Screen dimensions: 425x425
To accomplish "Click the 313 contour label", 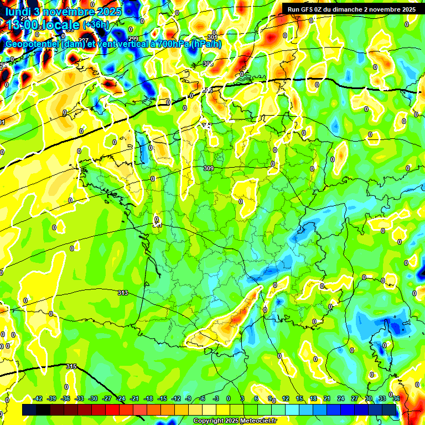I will coord(123,293).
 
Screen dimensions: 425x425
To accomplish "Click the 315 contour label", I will coord(71,366).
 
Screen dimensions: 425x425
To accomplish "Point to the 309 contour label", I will coord(209,168).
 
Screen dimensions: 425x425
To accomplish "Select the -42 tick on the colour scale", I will coord(38,398).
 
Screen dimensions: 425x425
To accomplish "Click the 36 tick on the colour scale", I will coord(396,398).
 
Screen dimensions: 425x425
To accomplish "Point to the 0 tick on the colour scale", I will coord(229,398).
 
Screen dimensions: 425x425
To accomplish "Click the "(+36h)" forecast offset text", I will coord(96,25).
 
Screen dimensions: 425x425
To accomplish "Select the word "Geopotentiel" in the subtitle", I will coord(33,44).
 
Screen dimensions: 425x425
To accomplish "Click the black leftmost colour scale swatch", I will coord(29,410).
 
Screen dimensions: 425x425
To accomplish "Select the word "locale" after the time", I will coord(58,25).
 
